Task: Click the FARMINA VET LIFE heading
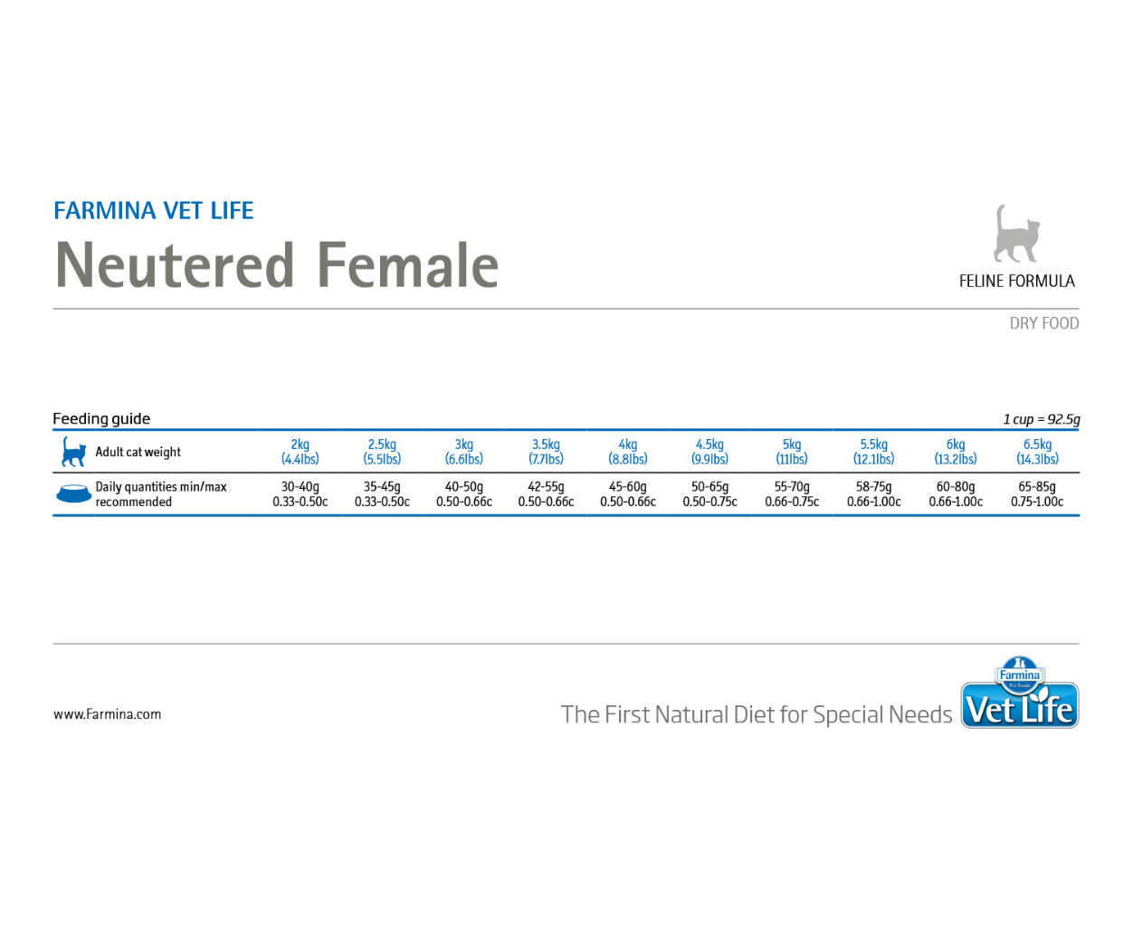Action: click(153, 210)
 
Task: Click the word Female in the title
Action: click(408, 265)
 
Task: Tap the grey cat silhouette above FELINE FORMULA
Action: click(1016, 234)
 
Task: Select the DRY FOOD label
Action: click(1043, 323)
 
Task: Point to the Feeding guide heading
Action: click(101, 418)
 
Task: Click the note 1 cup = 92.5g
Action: click(1041, 419)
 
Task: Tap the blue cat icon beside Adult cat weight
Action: click(73, 452)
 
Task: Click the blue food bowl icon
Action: click(73, 493)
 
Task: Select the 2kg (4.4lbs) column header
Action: click(300, 452)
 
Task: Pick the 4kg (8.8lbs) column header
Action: click(627, 452)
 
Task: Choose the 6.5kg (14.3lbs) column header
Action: click(1037, 452)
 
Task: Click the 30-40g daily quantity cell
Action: click(300, 493)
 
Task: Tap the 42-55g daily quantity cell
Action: click(546, 493)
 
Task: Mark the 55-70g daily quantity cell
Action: click(792, 493)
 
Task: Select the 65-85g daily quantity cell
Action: click(1037, 493)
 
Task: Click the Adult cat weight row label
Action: click(138, 452)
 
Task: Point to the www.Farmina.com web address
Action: click(108, 714)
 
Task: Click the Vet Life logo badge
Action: click(1020, 692)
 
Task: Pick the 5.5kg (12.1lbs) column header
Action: click(873, 452)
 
